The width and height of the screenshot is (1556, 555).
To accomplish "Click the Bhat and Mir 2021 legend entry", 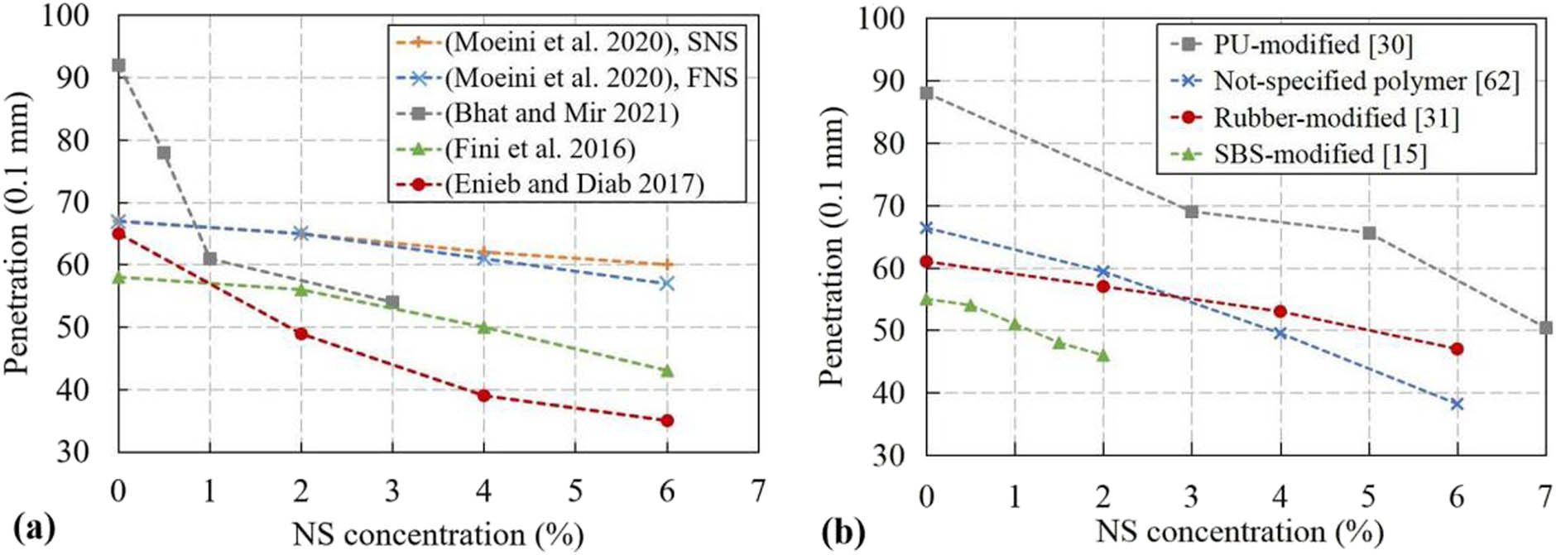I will (561, 113).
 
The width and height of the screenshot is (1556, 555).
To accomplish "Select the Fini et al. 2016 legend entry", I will (540, 149).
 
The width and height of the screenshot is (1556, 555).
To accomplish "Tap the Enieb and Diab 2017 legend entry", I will (574, 184).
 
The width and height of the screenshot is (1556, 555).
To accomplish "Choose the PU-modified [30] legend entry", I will (1313, 44).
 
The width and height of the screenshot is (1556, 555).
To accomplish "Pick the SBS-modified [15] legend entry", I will (1319, 154).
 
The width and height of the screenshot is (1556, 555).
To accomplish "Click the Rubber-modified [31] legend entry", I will (1335, 117).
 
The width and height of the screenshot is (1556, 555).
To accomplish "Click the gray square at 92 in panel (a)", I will (118, 65).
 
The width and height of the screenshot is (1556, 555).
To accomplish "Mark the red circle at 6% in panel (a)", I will (667, 421).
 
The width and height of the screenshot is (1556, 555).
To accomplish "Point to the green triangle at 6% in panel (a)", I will (667, 371).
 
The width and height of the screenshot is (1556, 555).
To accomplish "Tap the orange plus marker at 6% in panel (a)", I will (667, 265).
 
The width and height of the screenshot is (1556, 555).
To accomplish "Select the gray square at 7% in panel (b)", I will (1545, 328).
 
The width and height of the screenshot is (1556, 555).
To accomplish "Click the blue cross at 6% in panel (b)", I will (1457, 404).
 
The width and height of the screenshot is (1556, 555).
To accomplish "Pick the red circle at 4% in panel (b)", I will (1280, 312).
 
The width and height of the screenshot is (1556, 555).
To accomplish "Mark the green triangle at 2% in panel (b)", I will (1103, 356).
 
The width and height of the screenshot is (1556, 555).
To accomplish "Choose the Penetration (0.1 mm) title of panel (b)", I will (832, 246).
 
